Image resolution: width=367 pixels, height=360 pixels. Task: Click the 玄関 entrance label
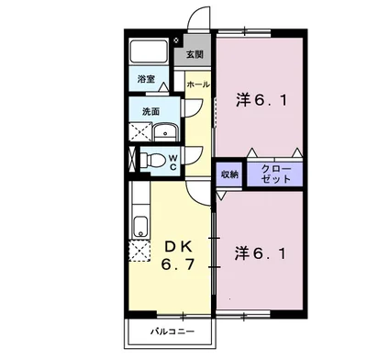tap(195, 54)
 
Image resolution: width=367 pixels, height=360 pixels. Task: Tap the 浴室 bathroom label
tap(147, 80)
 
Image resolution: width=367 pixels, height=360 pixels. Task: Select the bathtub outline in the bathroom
tap(152, 51)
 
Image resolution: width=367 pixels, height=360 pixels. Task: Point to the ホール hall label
tap(196, 84)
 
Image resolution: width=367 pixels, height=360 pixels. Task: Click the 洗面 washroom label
tap(150, 112)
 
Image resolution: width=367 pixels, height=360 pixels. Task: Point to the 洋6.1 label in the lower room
tap(264, 251)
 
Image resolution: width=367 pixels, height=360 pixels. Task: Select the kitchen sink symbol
tap(139, 226)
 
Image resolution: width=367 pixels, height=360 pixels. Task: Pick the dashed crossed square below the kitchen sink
tap(139, 252)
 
